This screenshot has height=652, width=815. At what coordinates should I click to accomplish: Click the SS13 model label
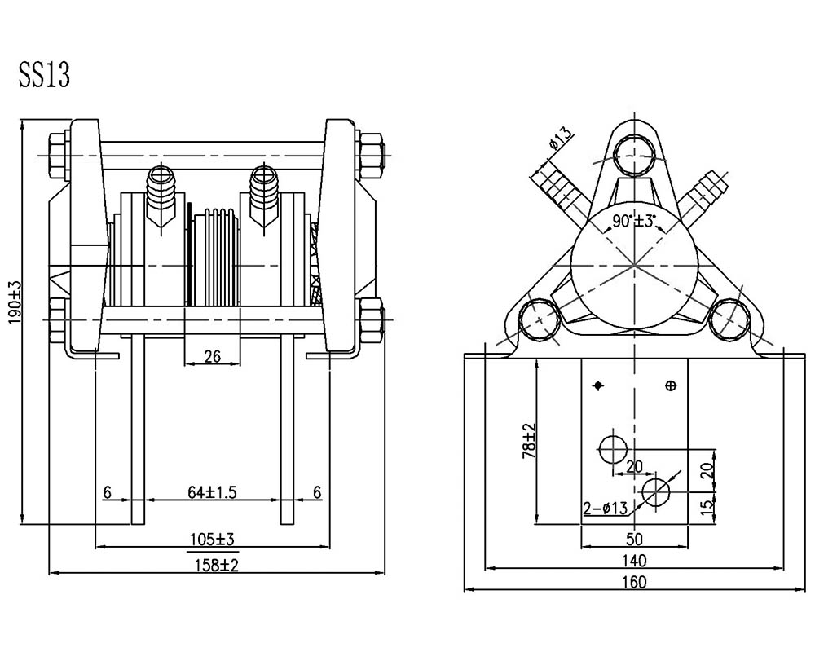(44, 76)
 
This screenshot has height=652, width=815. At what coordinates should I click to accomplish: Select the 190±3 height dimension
(15, 302)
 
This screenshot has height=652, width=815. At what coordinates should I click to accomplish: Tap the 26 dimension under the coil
(213, 356)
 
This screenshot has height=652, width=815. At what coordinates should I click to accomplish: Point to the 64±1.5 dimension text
(212, 492)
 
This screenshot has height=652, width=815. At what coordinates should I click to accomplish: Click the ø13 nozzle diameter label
(560, 137)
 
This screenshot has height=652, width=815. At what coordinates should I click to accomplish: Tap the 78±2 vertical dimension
(529, 441)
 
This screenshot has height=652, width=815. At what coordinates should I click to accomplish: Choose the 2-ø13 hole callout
(605, 508)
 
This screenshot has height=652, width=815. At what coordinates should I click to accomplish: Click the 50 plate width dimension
(634, 540)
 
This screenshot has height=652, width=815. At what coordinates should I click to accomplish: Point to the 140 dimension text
(634, 561)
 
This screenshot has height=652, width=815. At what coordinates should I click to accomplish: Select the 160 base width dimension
(634, 582)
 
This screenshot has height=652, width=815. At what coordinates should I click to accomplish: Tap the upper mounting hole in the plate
(614, 449)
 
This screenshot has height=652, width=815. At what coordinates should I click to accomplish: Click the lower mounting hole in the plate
(656, 491)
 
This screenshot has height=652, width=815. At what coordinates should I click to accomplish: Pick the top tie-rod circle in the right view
(633, 154)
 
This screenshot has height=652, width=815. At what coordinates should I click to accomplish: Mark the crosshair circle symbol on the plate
(671, 385)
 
